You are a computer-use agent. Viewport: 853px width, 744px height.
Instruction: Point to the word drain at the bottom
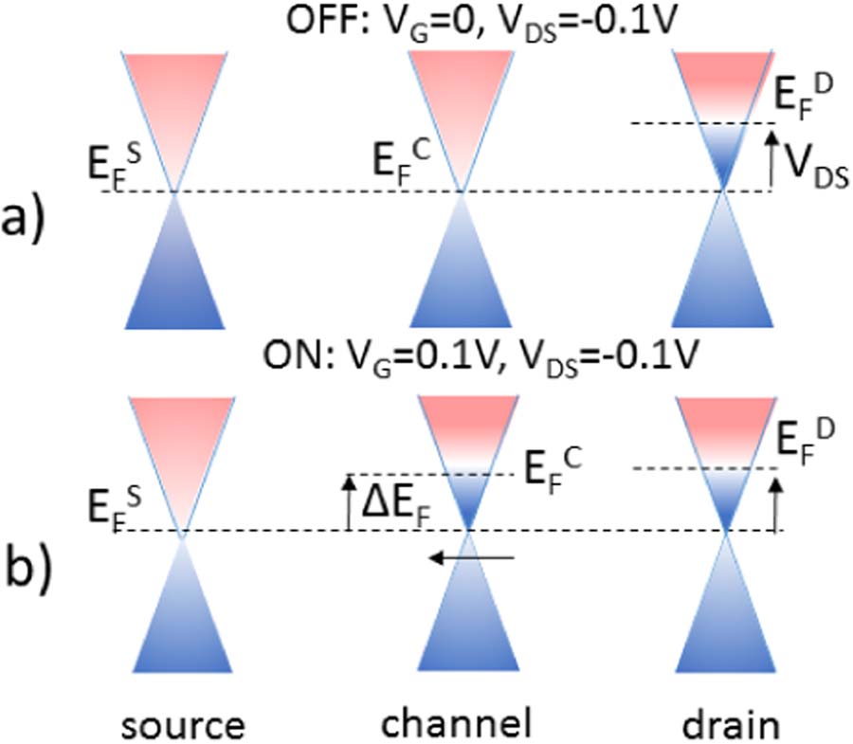click(731, 723)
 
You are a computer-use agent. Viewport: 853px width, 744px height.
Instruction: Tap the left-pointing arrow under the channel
click(470, 558)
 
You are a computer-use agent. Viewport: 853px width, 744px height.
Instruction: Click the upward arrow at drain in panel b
click(777, 502)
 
